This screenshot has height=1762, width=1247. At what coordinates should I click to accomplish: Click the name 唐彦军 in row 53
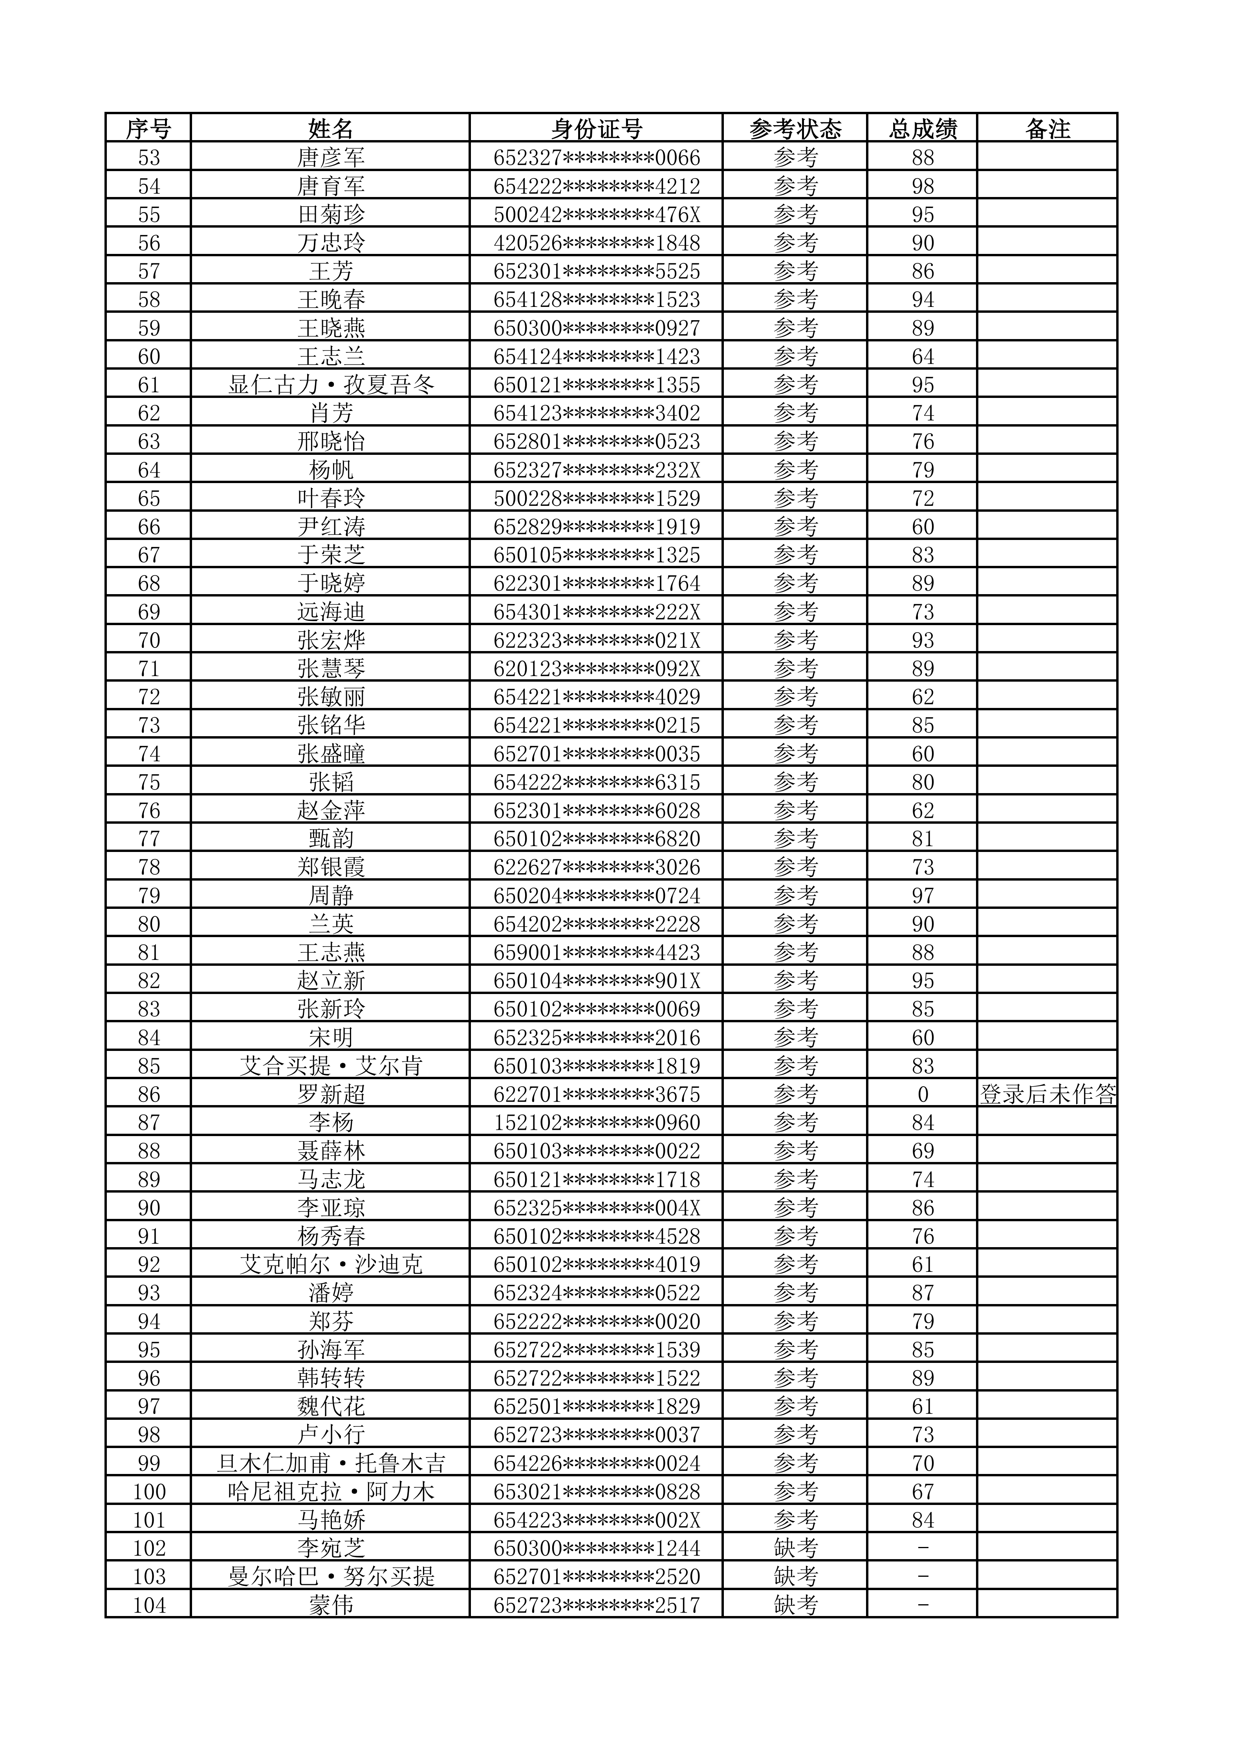tap(331, 157)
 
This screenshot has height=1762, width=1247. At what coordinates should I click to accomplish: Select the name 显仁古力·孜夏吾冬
tap(331, 385)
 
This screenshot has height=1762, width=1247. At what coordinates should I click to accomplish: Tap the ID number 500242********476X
tap(597, 214)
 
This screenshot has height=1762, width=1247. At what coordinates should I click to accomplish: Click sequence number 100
tap(149, 1492)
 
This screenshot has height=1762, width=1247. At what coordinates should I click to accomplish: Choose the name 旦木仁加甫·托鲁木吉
tap(331, 1463)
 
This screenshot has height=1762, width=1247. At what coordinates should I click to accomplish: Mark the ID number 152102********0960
tap(597, 1123)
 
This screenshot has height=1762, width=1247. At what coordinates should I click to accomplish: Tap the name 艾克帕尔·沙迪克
tap(331, 1265)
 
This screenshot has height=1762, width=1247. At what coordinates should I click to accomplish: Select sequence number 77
tap(149, 839)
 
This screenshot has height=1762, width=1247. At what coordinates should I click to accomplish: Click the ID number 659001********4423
tap(597, 952)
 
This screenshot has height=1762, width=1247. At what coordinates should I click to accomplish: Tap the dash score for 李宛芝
tap(923, 1549)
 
